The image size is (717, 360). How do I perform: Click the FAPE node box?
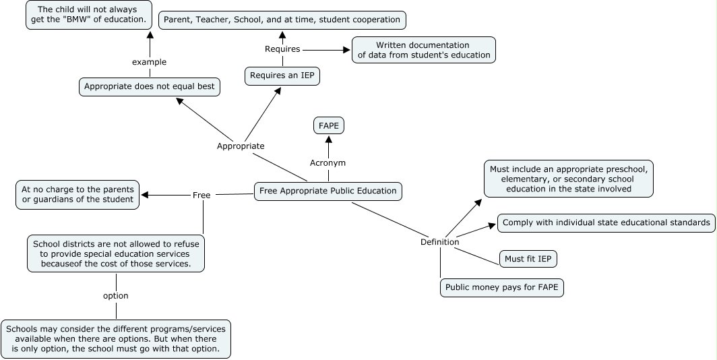coord(328,125)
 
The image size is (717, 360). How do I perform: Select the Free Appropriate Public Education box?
coord(328,191)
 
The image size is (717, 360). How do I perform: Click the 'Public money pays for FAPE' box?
coord(502,288)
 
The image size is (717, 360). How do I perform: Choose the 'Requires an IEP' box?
coord(282,76)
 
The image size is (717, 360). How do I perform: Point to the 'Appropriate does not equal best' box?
coord(150,86)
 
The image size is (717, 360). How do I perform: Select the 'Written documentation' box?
coord(423,50)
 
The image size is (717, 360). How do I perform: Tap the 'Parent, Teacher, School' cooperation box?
coord(282,20)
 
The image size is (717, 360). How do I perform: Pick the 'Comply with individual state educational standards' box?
coord(606,222)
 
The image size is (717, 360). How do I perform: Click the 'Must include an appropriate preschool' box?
coord(569,179)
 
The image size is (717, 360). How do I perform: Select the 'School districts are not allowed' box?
coord(116,253)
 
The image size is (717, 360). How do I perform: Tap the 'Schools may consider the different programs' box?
coord(116,338)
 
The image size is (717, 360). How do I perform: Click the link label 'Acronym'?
coord(328,162)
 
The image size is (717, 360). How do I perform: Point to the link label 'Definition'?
coord(439,242)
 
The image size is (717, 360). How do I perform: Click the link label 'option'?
coord(115,295)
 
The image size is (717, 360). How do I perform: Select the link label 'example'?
coord(149,62)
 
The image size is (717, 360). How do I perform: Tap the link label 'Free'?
coord(201,195)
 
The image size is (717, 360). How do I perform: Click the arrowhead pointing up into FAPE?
coord(329,140)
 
